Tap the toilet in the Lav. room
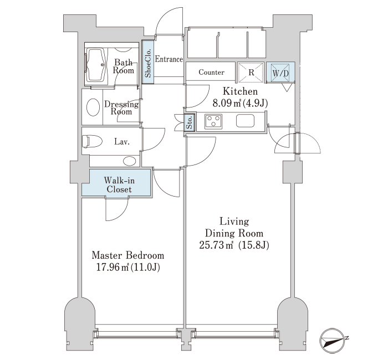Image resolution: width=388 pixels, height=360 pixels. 92,141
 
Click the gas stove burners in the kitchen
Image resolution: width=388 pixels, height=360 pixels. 213,122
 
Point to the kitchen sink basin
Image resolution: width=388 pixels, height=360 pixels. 245,121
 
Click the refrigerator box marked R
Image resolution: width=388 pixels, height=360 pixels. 251,72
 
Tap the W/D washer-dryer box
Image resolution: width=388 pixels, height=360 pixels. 280,73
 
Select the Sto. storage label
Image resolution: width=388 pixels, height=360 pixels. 190,122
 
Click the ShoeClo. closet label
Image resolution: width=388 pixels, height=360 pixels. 148,63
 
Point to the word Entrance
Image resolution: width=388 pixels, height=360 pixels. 169,59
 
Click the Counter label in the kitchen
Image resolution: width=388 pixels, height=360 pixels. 211,72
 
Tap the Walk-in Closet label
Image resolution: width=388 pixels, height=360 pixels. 119,184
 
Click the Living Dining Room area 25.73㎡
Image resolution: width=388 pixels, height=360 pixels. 216,245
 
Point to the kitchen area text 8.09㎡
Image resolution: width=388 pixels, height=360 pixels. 227,103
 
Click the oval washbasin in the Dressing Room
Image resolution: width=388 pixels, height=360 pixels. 93,107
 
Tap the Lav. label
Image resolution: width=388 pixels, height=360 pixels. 122,142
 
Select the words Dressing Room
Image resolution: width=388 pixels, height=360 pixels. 121,108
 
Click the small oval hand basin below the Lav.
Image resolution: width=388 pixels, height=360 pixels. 129,161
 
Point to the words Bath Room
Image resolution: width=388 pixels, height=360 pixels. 123,66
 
